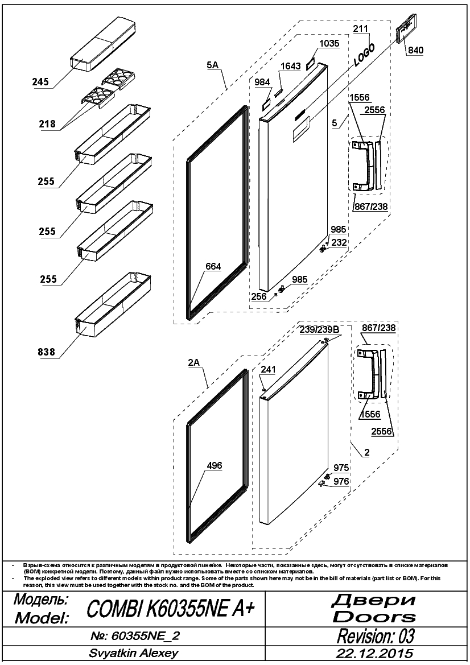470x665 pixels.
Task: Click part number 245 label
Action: click(40, 82)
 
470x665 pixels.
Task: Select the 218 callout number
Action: click(47, 123)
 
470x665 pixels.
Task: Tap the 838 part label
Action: click(46, 352)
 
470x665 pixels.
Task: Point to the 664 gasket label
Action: click(213, 266)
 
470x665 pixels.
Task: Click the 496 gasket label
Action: click(214, 465)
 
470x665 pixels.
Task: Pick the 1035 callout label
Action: click(329, 43)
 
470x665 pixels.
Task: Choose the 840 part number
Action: click(416, 50)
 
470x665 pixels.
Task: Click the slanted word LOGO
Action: click(364, 56)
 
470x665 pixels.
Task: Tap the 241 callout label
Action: click(267, 369)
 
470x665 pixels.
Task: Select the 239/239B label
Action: click(319, 329)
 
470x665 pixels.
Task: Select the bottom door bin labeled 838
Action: click(113, 304)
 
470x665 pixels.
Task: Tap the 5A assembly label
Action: click(212, 65)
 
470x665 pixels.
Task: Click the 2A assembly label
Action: click(194, 362)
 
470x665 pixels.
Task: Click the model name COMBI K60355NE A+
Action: click(171, 609)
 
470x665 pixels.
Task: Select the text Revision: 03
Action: click(376, 636)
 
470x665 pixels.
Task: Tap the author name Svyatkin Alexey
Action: click(133, 653)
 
